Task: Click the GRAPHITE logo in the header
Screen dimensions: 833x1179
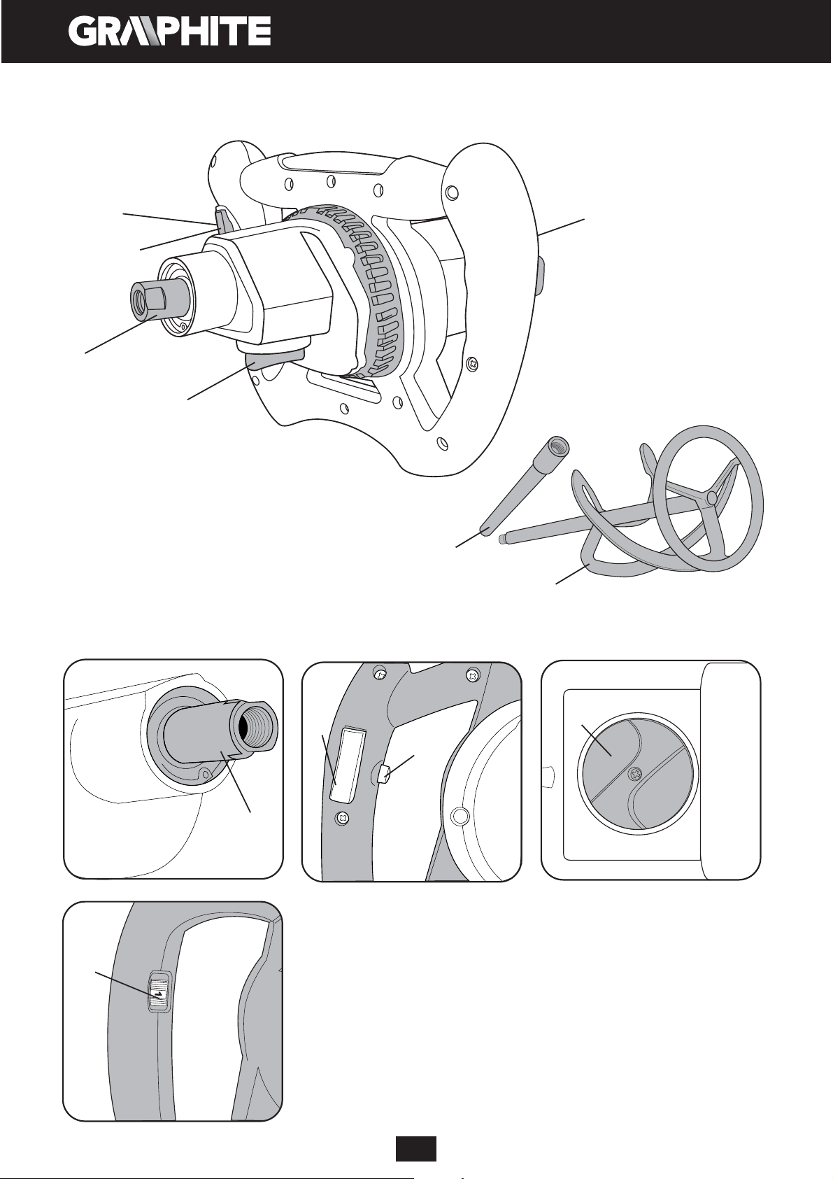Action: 170,31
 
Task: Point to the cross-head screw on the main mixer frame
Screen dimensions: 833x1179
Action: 474,363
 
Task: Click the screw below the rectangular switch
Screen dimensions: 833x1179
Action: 342,817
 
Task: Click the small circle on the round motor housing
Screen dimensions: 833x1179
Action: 460,816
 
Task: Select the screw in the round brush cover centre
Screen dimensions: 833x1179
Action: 637,774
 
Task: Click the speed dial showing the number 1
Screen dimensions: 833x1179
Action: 159,993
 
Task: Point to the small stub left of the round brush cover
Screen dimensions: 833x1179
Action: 549,776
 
